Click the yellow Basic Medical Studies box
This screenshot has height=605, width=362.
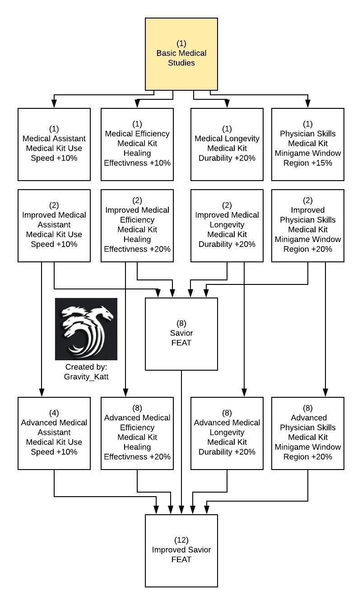point(181,54)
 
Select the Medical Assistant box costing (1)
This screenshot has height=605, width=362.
point(54,144)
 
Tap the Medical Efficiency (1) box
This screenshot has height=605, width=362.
point(137,144)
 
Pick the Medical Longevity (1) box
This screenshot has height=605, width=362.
point(227,144)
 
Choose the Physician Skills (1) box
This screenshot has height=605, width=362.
point(308,144)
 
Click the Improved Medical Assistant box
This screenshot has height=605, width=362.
point(54,225)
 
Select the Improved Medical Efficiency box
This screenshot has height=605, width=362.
point(137,225)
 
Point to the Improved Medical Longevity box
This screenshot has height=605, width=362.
point(227,225)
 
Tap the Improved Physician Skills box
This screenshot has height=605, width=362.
point(308,225)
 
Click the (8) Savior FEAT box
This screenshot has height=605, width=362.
point(181,334)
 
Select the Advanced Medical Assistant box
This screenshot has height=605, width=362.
point(54,433)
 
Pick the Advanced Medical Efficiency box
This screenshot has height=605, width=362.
point(137,433)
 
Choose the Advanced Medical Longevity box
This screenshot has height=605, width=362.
point(227,433)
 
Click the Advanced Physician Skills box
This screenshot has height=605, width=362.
point(308,433)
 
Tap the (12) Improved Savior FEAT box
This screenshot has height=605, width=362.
point(181,550)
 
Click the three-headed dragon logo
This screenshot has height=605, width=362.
point(86,329)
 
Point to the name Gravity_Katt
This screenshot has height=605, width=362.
point(86,377)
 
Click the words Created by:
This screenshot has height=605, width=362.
point(86,367)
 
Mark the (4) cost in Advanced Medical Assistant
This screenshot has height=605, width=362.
point(54,413)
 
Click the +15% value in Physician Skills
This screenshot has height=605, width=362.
point(321,163)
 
